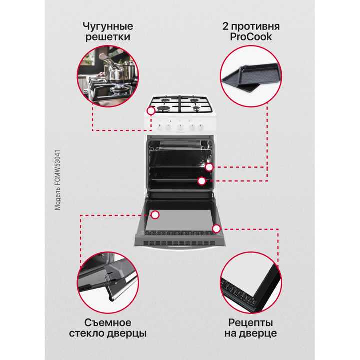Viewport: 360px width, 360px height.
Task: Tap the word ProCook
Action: (x=251, y=38)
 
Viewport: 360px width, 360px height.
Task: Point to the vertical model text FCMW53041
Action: (x=58, y=180)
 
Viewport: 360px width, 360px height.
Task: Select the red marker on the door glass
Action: (x=155, y=215)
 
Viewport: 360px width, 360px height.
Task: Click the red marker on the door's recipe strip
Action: (x=216, y=229)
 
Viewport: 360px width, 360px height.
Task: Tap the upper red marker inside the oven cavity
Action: (x=209, y=168)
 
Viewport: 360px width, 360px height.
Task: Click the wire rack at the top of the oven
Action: (x=179, y=146)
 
